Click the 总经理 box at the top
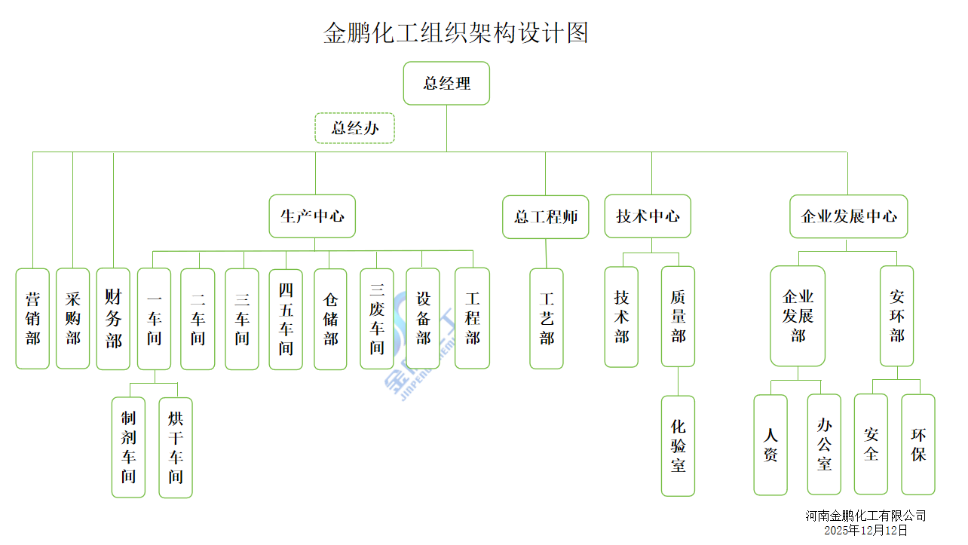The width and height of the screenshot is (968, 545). (x=446, y=83)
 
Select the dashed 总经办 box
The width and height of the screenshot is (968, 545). (x=354, y=128)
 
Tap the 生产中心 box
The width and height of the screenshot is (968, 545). (x=312, y=216)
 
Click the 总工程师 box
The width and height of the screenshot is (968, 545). (x=545, y=217)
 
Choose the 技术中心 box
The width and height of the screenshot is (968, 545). (x=647, y=216)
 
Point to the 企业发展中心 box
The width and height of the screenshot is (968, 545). (x=848, y=216)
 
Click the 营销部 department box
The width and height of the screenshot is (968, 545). (x=32, y=318)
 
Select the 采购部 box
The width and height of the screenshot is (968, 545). (x=72, y=318)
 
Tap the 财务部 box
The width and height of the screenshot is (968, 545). (x=113, y=318)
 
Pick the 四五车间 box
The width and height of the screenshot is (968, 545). (x=286, y=319)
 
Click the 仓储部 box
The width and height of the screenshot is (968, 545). (x=330, y=319)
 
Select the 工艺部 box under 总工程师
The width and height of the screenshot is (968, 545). (x=547, y=319)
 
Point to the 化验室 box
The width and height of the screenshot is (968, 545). (x=678, y=445)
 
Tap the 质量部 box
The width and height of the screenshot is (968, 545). (x=678, y=317)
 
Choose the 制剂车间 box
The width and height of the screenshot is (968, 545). (x=128, y=447)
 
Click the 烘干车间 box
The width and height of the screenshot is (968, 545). (x=176, y=447)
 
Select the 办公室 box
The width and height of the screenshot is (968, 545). (x=824, y=444)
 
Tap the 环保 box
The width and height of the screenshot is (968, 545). (x=918, y=444)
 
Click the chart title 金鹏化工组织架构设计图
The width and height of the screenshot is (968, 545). (x=455, y=33)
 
